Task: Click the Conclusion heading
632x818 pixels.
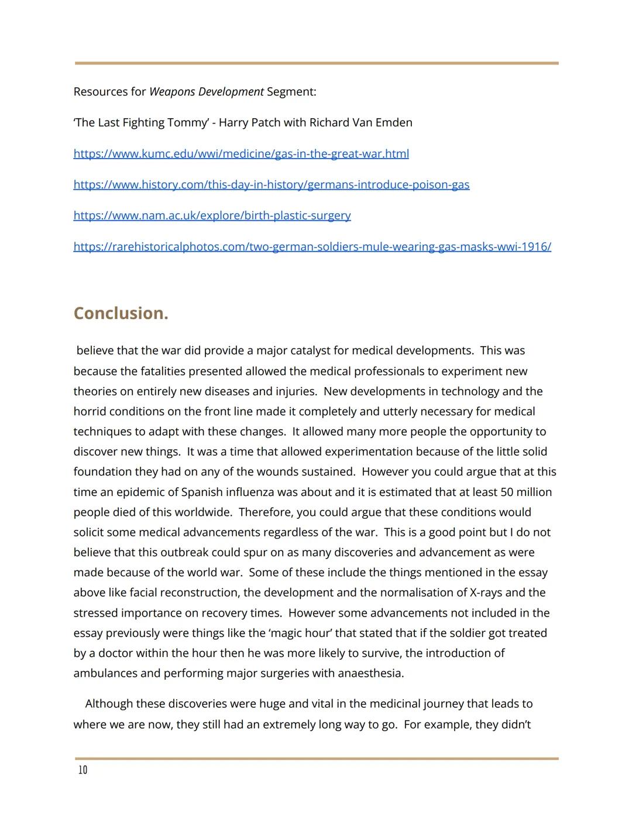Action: coord(121,313)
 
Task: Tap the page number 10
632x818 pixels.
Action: coord(83,770)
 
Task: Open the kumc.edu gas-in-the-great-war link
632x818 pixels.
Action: coord(241,153)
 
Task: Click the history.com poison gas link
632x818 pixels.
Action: coord(271,184)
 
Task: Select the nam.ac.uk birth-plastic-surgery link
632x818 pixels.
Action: coord(212,215)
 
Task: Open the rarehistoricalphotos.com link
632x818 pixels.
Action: coord(312,246)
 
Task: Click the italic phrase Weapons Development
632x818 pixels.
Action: coord(206,91)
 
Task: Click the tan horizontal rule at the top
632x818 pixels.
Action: coord(316,63)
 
